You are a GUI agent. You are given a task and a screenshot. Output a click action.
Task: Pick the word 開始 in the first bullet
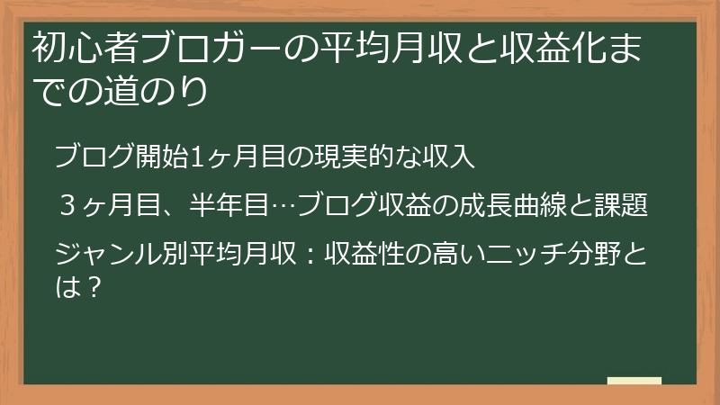click(x=164, y=157)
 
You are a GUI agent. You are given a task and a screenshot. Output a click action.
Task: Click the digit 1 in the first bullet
click(x=193, y=157)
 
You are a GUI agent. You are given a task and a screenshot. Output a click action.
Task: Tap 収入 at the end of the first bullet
click(x=445, y=157)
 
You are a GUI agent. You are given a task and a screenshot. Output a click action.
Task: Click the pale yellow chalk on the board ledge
click(x=634, y=382)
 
